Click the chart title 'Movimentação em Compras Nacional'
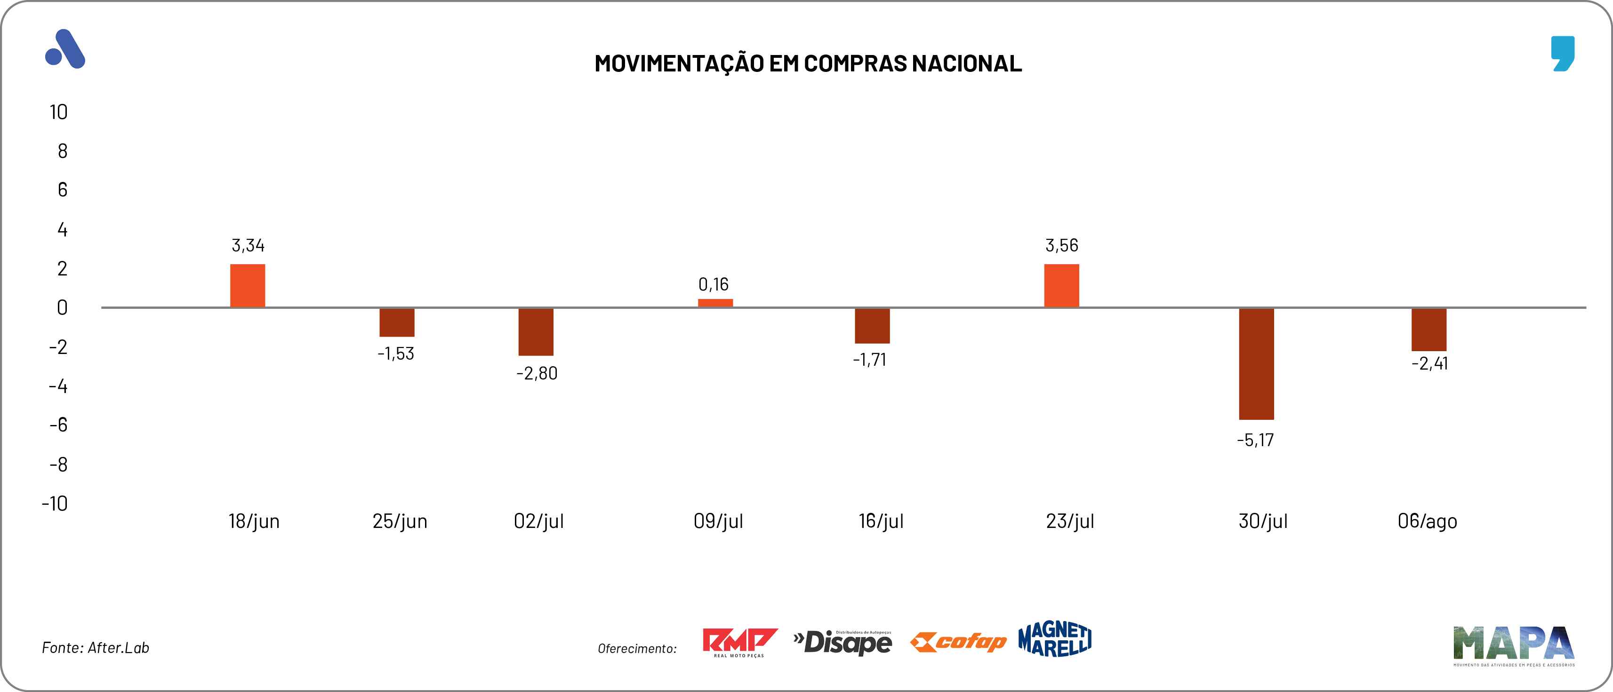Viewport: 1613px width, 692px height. click(x=808, y=63)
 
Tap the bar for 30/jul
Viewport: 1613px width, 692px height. click(x=1256, y=363)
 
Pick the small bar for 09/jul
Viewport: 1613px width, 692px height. click(x=715, y=303)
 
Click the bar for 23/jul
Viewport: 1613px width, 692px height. click(x=1061, y=286)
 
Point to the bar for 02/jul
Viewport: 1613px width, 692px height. click(x=536, y=331)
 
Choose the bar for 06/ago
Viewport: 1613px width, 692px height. click(x=1429, y=330)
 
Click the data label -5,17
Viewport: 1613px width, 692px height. click(x=1255, y=440)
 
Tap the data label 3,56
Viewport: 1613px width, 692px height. click(x=1061, y=245)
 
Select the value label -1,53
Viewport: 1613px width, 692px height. click(x=396, y=354)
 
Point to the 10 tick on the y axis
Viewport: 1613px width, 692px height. click(x=58, y=113)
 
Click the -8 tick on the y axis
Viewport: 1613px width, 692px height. click(x=58, y=465)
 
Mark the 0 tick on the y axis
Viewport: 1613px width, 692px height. click(x=62, y=308)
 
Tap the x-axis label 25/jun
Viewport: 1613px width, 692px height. click(x=400, y=521)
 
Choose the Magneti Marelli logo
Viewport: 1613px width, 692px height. click(x=1055, y=639)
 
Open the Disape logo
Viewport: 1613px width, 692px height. click(x=843, y=642)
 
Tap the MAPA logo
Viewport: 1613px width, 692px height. click(x=1513, y=645)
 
